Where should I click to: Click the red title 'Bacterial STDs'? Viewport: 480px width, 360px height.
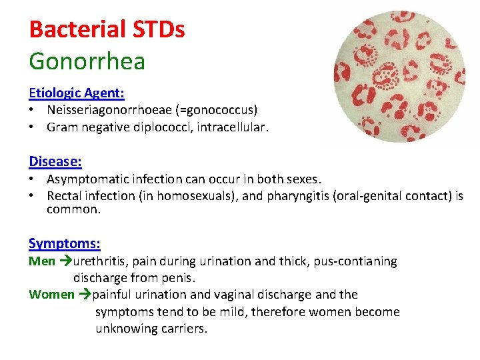(x=107, y=29)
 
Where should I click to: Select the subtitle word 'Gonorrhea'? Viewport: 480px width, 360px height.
(x=87, y=61)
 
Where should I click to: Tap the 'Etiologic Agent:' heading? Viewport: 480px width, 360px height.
(x=77, y=93)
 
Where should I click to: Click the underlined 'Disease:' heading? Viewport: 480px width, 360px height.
(x=55, y=161)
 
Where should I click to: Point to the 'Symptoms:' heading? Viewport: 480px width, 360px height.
(x=65, y=244)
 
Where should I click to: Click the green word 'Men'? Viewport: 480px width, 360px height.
(x=42, y=261)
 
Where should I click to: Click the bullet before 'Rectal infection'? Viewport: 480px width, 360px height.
(x=33, y=196)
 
